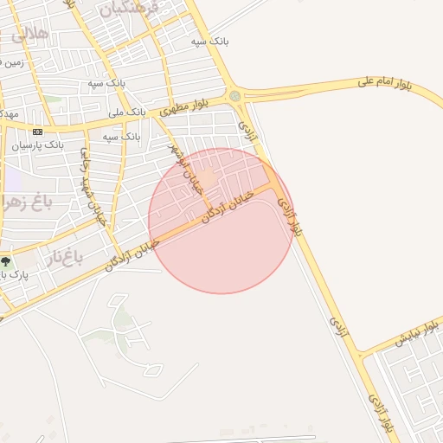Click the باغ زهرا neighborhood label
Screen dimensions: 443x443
tap(26, 204)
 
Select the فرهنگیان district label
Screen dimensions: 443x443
tap(131, 10)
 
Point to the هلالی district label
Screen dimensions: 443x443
tap(29, 35)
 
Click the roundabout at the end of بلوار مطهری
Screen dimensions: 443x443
tap(234, 95)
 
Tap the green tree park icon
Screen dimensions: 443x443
tap(6, 260)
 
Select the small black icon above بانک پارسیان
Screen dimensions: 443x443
tap(37, 132)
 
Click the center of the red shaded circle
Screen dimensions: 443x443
tap(221, 221)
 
